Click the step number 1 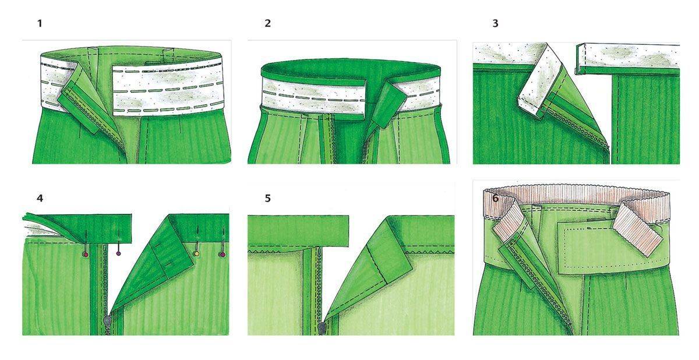(x=40, y=23)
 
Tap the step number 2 (x=267, y=23)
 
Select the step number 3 (x=495, y=23)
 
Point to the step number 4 (x=40, y=199)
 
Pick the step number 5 (x=267, y=199)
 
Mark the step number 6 (x=495, y=199)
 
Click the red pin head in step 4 (x=86, y=255)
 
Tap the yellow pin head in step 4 (x=197, y=254)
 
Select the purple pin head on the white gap (x=118, y=253)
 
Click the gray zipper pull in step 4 (x=107, y=321)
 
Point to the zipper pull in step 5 (x=322, y=329)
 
